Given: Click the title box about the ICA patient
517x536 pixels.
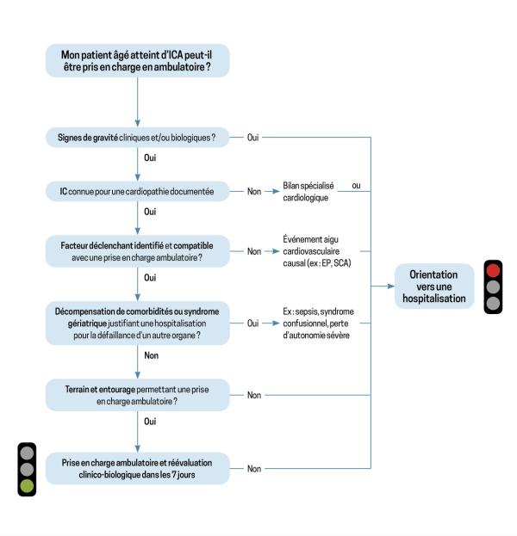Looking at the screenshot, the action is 137,60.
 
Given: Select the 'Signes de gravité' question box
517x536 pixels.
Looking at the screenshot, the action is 137,138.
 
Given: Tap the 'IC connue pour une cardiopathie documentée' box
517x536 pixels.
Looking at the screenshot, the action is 137,191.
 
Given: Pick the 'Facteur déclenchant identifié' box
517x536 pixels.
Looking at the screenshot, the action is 137,251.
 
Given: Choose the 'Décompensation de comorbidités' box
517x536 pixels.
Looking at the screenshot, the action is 137,323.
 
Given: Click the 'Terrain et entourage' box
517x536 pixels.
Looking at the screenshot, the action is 137,395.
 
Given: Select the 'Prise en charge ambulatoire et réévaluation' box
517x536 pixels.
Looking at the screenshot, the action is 137,468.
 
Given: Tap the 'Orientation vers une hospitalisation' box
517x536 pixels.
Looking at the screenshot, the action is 434,286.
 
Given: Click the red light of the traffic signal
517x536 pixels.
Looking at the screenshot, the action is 493,270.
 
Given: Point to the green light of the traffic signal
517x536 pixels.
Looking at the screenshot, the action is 27,486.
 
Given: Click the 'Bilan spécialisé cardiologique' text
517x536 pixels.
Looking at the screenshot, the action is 308,191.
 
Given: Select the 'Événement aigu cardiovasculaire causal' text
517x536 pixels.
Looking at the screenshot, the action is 317,251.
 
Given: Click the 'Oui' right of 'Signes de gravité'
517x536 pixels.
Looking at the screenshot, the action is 253,138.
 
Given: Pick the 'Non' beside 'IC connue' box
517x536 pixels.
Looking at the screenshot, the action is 254,191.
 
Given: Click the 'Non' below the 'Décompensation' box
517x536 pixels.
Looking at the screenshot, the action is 152,355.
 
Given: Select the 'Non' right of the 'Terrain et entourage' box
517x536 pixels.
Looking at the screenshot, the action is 254,395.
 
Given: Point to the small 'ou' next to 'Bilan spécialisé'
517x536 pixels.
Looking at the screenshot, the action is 356,186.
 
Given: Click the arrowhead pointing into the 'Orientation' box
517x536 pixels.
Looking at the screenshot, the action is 391,286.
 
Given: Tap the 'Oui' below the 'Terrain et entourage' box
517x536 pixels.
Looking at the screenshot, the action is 150,422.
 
